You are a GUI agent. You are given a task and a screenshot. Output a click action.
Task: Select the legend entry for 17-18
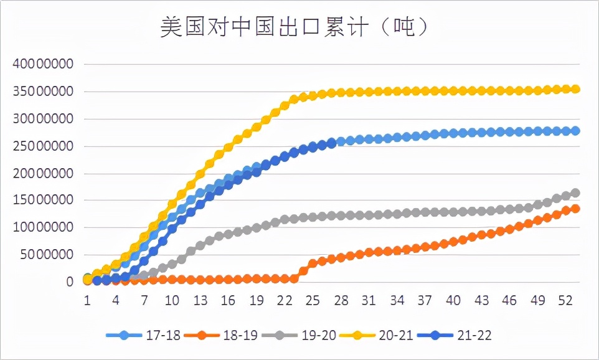pos(144,335)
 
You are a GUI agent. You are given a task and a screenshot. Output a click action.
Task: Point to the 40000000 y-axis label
pos(47,64)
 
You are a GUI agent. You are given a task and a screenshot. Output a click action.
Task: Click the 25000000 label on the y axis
pos(47,146)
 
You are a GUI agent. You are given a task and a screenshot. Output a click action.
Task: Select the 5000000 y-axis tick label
pos(51,255)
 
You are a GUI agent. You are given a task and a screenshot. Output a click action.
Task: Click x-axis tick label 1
pos(88,300)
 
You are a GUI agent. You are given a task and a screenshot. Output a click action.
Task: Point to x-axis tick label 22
pos(285,300)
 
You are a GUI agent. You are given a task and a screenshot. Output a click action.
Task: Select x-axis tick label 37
pos(425,300)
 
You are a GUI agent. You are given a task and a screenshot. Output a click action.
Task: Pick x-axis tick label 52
pos(566,300)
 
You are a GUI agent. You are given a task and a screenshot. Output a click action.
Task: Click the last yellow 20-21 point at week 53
pos(575,89)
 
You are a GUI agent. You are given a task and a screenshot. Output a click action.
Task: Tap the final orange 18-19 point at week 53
pos(575,208)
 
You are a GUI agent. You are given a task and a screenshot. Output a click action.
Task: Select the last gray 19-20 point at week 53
pos(575,193)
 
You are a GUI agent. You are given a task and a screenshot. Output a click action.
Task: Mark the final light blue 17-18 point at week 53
pos(575,131)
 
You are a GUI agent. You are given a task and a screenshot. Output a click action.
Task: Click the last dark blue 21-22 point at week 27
pos(331,143)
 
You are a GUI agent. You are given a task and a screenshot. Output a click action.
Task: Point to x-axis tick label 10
pos(172,300)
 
